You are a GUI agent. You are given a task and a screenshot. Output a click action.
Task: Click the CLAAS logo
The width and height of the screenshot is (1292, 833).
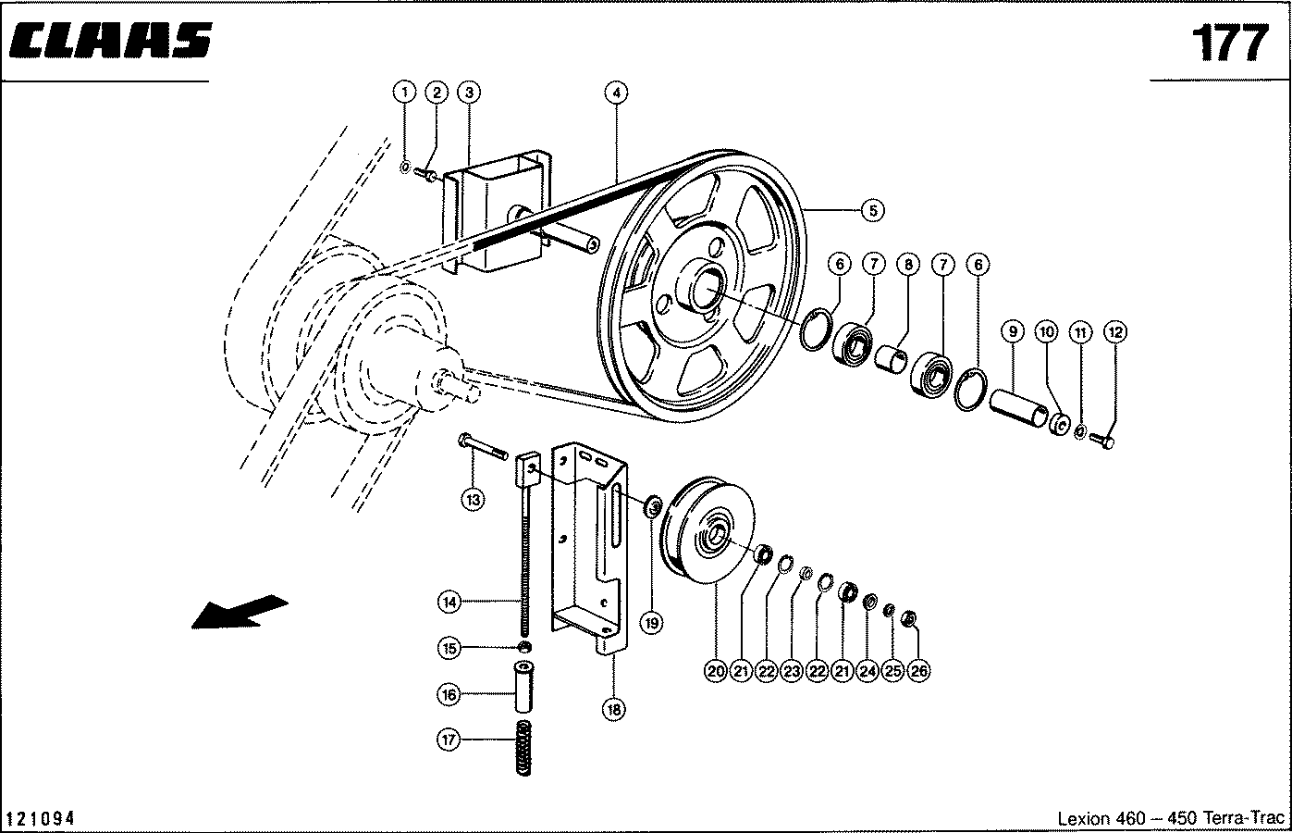[x=111, y=41]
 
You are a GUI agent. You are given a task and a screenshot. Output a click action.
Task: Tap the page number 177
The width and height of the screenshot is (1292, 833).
[x=1230, y=43]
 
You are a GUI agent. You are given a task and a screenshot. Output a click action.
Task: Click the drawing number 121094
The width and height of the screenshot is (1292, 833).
[x=40, y=818]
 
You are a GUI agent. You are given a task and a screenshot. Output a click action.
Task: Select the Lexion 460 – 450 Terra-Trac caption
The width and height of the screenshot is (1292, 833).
[x=1171, y=818]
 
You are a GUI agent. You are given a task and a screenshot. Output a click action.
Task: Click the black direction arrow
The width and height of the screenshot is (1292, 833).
[x=240, y=611]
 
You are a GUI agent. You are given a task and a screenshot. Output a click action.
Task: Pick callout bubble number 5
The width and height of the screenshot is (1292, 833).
[x=873, y=211]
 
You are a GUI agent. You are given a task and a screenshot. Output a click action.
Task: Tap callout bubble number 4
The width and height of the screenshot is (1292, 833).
[x=616, y=93]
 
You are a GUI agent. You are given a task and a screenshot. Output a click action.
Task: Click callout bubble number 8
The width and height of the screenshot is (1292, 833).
[x=908, y=265]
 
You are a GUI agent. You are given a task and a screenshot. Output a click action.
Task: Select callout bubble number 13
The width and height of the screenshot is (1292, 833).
[x=473, y=500]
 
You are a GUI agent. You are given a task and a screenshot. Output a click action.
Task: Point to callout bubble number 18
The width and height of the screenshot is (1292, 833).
[x=613, y=710]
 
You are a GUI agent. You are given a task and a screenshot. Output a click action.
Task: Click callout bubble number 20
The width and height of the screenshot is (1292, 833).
[x=716, y=671]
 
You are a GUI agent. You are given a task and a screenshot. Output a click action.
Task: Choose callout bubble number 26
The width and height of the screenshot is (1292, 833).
[x=918, y=671]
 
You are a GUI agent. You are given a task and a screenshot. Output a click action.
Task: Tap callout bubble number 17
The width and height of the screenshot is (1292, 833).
[x=449, y=740]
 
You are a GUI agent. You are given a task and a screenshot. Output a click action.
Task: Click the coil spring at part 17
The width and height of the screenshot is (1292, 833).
[x=523, y=748]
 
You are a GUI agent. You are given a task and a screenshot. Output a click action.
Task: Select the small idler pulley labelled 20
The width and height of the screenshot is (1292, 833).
[x=708, y=529]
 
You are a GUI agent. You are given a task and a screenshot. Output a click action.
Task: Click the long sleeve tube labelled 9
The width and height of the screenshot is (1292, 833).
[x=1019, y=408]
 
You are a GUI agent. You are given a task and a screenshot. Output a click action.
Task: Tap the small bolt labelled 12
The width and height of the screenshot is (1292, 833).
[x=1102, y=441]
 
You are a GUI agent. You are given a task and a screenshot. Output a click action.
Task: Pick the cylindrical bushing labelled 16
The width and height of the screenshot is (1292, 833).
[x=523, y=687]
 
